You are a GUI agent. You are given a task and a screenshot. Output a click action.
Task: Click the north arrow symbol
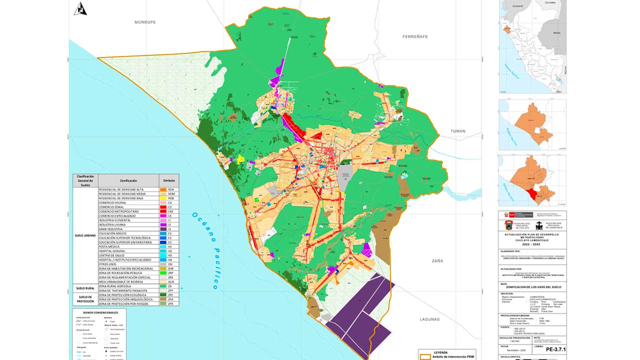coord(80,8)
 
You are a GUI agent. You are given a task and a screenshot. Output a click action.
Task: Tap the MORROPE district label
coord(145,22)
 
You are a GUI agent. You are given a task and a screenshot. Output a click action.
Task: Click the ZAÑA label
coord(437,260)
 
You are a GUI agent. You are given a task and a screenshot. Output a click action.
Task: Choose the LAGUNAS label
coord(430,319)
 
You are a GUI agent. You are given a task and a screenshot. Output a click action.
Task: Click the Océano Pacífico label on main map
coord(205,250)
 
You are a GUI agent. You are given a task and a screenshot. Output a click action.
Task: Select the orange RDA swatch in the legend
coord(163,190)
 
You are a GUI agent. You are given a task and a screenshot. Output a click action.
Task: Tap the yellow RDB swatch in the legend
coord(163,198)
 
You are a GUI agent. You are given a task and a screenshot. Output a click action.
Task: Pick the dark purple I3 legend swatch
coord(163,229)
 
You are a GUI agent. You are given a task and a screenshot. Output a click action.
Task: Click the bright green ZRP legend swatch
coord(163,273)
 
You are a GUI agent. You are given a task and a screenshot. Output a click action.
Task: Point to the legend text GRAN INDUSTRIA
coord(115,229)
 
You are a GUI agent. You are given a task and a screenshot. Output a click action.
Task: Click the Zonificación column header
coord(128,180)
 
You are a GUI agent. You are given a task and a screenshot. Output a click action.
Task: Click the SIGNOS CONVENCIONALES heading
coord(97,312)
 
